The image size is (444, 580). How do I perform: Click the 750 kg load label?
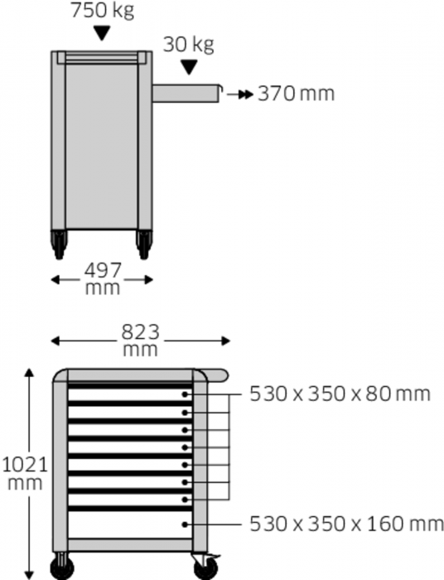(x=102, y=12)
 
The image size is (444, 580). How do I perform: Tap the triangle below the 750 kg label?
(x=102, y=33)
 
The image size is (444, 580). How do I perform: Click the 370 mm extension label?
(x=296, y=93)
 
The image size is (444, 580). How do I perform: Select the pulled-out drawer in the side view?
(x=187, y=93)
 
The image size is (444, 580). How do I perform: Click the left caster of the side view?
(x=59, y=244)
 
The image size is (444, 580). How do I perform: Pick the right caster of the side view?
(x=144, y=244)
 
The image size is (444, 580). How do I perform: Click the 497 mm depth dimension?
(x=103, y=278)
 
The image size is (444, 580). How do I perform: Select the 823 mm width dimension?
(x=140, y=340)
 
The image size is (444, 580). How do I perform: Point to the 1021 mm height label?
(x=24, y=473)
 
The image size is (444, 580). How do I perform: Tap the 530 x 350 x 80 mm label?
(x=340, y=394)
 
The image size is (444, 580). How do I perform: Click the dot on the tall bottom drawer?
(x=186, y=524)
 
